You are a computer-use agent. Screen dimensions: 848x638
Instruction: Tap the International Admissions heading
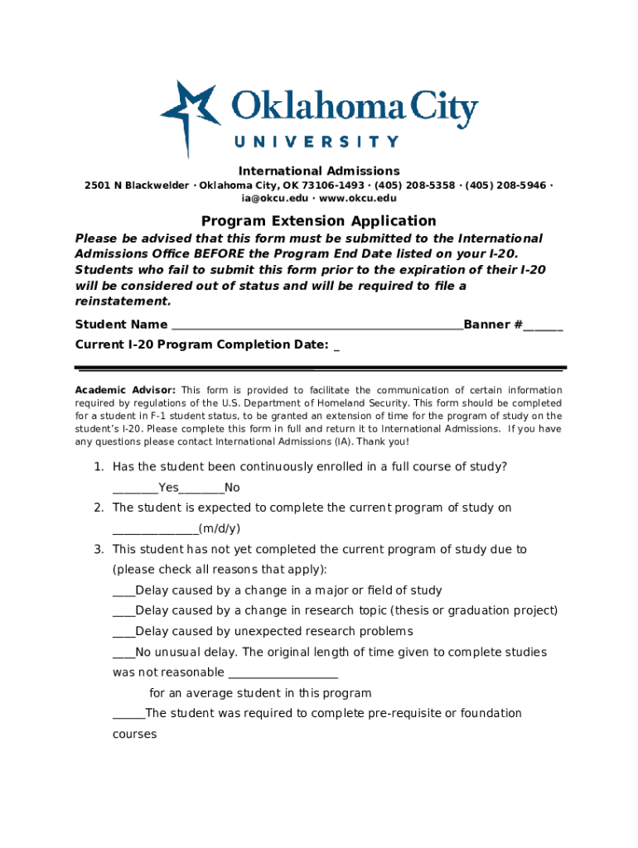pyautogui.click(x=319, y=171)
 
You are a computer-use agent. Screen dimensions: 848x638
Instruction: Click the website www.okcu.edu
pyautogui.click(x=358, y=199)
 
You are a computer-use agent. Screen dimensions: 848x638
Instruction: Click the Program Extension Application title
pyautogui.click(x=319, y=221)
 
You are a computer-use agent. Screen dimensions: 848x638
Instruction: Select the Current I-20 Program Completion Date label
pyautogui.click(x=201, y=345)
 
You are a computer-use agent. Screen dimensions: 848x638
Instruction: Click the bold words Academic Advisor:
pyautogui.click(x=125, y=390)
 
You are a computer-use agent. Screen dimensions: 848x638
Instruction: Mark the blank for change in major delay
pyautogui.click(x=123, y=592)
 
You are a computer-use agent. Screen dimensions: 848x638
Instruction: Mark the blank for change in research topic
pyautogui.click(x=123, y=612)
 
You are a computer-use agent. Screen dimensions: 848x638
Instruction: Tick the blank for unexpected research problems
pyautogui.click(x=123, y=633)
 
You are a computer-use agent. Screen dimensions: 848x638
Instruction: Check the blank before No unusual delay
pyautogui.click(x=123, y=653)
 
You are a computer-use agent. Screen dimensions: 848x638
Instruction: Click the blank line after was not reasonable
pyautogui.click(x=283, y=673)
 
